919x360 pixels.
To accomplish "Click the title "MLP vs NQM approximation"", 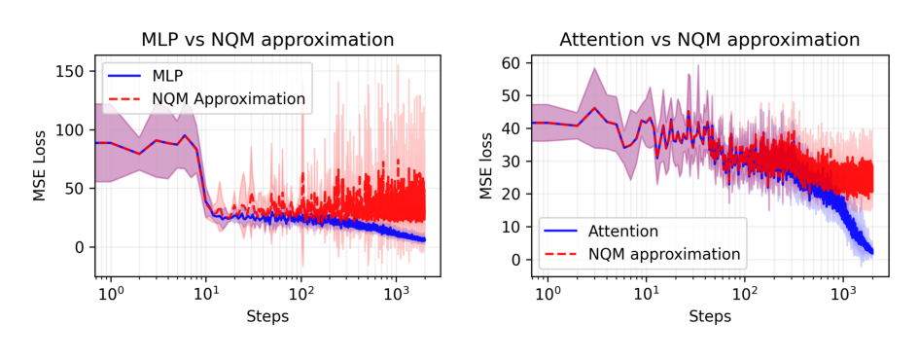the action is [x=267, y=40].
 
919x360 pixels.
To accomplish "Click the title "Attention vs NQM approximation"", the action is [x=709, y=40].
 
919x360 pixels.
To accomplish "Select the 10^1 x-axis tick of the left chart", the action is [x=206, y=292].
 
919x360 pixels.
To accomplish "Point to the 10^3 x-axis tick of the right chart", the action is [x=843, y=292].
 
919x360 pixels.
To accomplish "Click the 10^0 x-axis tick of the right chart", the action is [x=548, y=292].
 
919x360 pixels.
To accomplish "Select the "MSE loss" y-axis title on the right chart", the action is [x=486, y=166].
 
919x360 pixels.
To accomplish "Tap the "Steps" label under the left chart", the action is [x=267, y=316].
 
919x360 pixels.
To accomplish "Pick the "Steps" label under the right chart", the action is [x=709, y=316].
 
